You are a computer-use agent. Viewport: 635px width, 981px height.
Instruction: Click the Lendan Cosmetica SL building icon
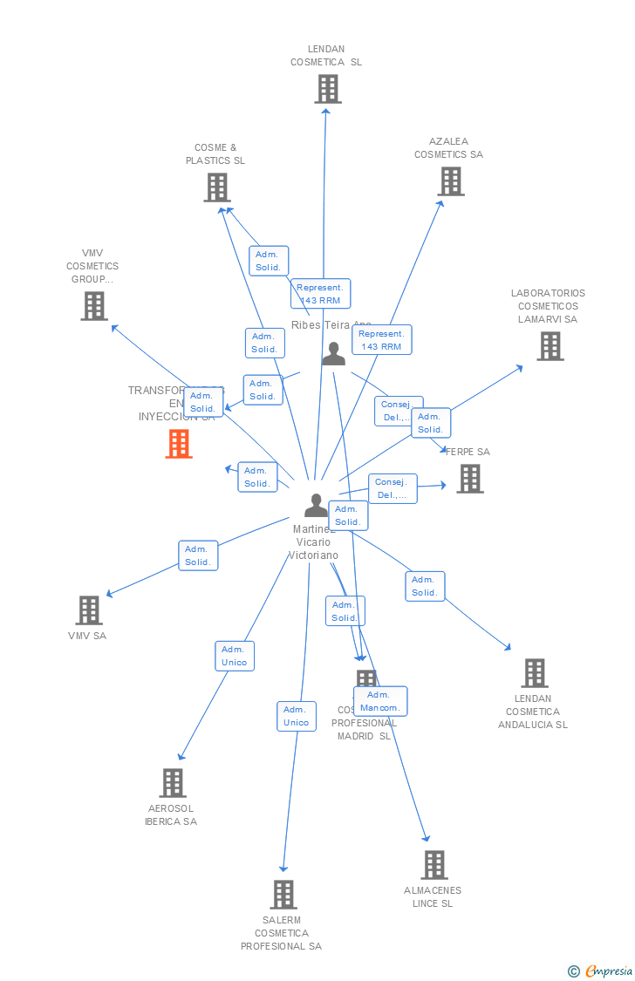coord(328,89)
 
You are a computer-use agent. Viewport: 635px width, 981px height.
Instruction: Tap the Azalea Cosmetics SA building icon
coord(450,181)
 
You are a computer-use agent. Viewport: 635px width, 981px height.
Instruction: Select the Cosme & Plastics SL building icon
coord(217,187)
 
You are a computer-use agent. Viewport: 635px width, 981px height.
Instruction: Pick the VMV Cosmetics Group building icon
coord(94,306)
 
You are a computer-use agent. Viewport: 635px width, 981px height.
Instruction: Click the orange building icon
coord(179,444)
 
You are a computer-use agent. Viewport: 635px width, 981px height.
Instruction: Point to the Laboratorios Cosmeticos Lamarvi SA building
coord(550,346)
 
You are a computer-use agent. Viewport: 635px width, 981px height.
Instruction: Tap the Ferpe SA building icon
coord(469,479)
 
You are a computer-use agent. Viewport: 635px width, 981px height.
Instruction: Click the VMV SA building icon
coord(89,610)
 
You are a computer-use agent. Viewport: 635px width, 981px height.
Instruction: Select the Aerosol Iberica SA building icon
coord(173,783)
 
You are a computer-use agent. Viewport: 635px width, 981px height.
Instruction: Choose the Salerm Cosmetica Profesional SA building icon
coord(283,895)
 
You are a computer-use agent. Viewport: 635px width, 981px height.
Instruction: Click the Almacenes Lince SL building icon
coord(434,865)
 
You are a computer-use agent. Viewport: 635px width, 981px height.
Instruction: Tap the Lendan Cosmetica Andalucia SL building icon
coord(535,673)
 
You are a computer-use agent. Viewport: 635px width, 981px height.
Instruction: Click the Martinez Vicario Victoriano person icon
coord(316,505)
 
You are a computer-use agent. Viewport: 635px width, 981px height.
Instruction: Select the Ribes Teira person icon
coord(334,353)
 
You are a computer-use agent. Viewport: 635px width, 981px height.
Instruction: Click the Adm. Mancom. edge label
coord(380,701)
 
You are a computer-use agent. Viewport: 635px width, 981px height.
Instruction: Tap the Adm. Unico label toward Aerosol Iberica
coord(235,656)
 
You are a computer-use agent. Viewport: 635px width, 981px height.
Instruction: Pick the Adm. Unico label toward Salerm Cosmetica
coord(297,716)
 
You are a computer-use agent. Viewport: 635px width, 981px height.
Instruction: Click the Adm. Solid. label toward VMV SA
coord(198,555)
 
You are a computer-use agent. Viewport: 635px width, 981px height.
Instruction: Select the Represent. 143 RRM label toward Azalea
coord(381,340)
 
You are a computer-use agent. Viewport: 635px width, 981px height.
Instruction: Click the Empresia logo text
coord(607,971)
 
